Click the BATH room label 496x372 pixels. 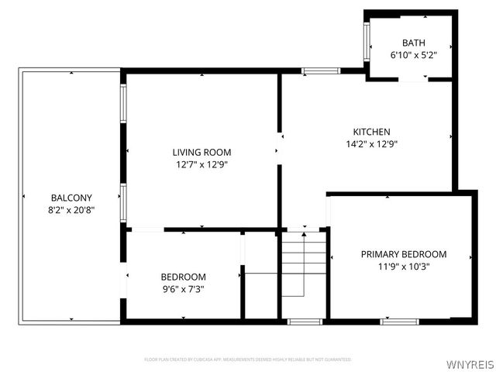pos(413,43)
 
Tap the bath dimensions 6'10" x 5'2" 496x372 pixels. pos(413,55)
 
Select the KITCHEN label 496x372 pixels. pos(372,132)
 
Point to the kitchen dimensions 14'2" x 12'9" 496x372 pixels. pos(372,143)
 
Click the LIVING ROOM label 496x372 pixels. pos(201,153)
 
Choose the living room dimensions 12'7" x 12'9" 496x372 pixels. pos(201,164)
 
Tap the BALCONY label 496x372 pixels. pos(71,198)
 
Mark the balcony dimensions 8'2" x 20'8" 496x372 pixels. pos(71,209)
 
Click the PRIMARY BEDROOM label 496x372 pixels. pos(404,254)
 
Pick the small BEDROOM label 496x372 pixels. pos(183,277)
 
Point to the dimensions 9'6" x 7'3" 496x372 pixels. pos(183,289)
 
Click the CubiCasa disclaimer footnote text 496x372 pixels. pos(248,360)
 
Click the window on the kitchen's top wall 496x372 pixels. pos(320,71)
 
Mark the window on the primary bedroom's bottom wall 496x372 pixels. pos(400,321)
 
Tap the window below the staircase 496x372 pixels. pos(305,321)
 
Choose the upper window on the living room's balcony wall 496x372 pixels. pos(122,102)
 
